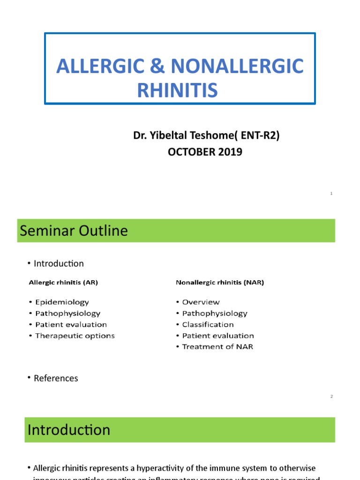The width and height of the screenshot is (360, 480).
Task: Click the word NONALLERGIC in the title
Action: coord(237,67)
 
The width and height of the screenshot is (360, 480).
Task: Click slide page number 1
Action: coord(331,194)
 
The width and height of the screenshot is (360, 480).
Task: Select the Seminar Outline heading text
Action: coord(73,231)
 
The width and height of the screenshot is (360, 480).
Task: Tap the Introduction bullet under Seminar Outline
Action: coord(59,263)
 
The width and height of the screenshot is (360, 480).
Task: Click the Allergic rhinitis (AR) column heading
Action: coord(63,283)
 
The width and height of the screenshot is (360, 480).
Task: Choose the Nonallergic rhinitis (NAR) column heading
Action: coord(220,283)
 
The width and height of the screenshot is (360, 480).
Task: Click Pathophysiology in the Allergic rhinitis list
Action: coord(67,313)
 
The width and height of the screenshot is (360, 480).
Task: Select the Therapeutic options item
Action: coord(75,336)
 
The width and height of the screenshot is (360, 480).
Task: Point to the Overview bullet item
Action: coord(201,302)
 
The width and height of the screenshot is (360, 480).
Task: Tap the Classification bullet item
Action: coord(208,324)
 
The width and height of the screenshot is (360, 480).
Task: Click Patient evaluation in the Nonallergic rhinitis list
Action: coord(218,336)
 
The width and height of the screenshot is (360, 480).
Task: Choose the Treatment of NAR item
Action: coord(217,347)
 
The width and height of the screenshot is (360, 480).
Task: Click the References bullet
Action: coord(56,378)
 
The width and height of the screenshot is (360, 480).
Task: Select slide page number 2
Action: coord(331,397)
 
